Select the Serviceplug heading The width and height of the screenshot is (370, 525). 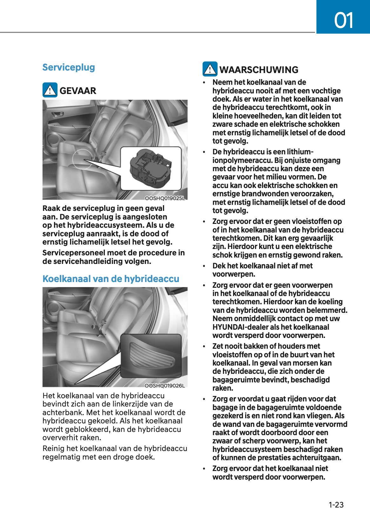[x=69, y=67]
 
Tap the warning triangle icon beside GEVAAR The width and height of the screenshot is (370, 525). [x=50, y=90]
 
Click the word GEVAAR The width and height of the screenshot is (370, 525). [x=78, y=91]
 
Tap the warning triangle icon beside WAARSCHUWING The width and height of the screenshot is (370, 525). [x=210, y=69]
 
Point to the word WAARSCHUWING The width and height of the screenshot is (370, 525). [x=259, y=70]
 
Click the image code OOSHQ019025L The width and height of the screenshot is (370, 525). [x=165, y=198]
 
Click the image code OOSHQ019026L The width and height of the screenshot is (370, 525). [x=165, y=386]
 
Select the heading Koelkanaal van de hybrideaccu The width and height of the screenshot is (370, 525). [x=111, y=279]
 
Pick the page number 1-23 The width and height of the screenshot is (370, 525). [x=336, y=505]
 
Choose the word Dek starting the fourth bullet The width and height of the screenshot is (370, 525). [x=219, y=266]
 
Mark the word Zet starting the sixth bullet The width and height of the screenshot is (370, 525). [x=218, y=346]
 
